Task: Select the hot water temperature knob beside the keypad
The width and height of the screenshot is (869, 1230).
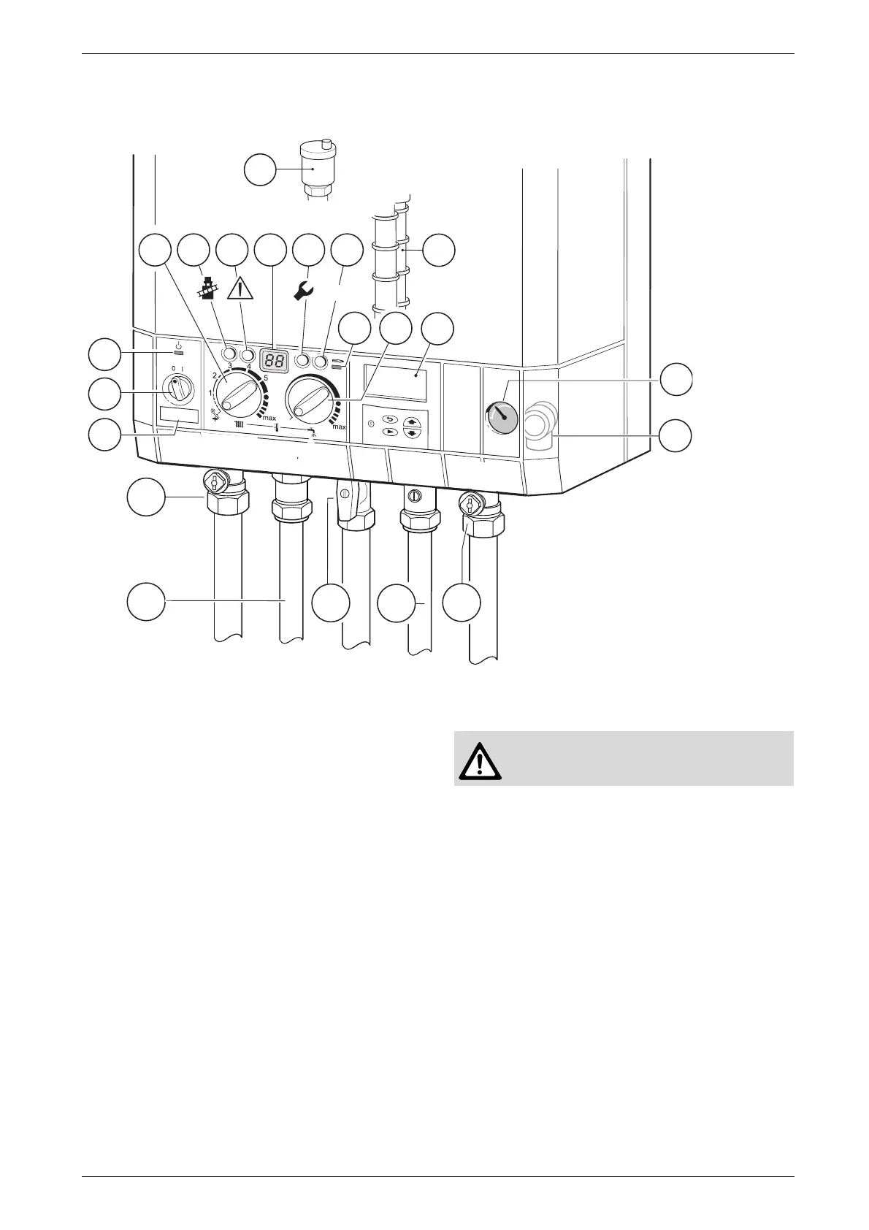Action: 310,401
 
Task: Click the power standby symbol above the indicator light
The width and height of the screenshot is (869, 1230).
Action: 177,344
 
